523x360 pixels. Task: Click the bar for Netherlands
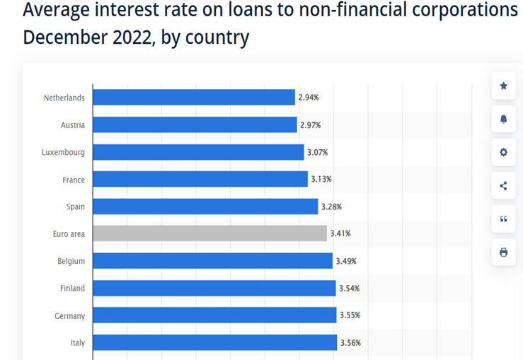(193, 98)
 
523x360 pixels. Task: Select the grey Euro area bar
(209, 233)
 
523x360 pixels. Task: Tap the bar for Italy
(214, 342)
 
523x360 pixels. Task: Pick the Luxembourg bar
(198, 152)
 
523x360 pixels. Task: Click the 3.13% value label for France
(321, 179)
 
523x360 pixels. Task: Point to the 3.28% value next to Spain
(331, 207)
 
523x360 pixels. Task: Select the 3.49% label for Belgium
(346, 261)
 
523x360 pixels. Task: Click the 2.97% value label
(310, 125)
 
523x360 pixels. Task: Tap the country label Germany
(69, 316)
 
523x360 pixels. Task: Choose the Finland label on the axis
(72, 289)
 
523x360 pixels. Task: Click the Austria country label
(73, 125)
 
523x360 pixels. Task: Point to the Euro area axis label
(69, 234)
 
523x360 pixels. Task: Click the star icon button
(503, 86)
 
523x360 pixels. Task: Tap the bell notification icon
(503, 119)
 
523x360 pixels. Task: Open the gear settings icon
(503, 152)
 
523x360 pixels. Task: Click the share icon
(503, 186)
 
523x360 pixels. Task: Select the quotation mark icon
(503, 219)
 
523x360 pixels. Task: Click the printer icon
(503, 252)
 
